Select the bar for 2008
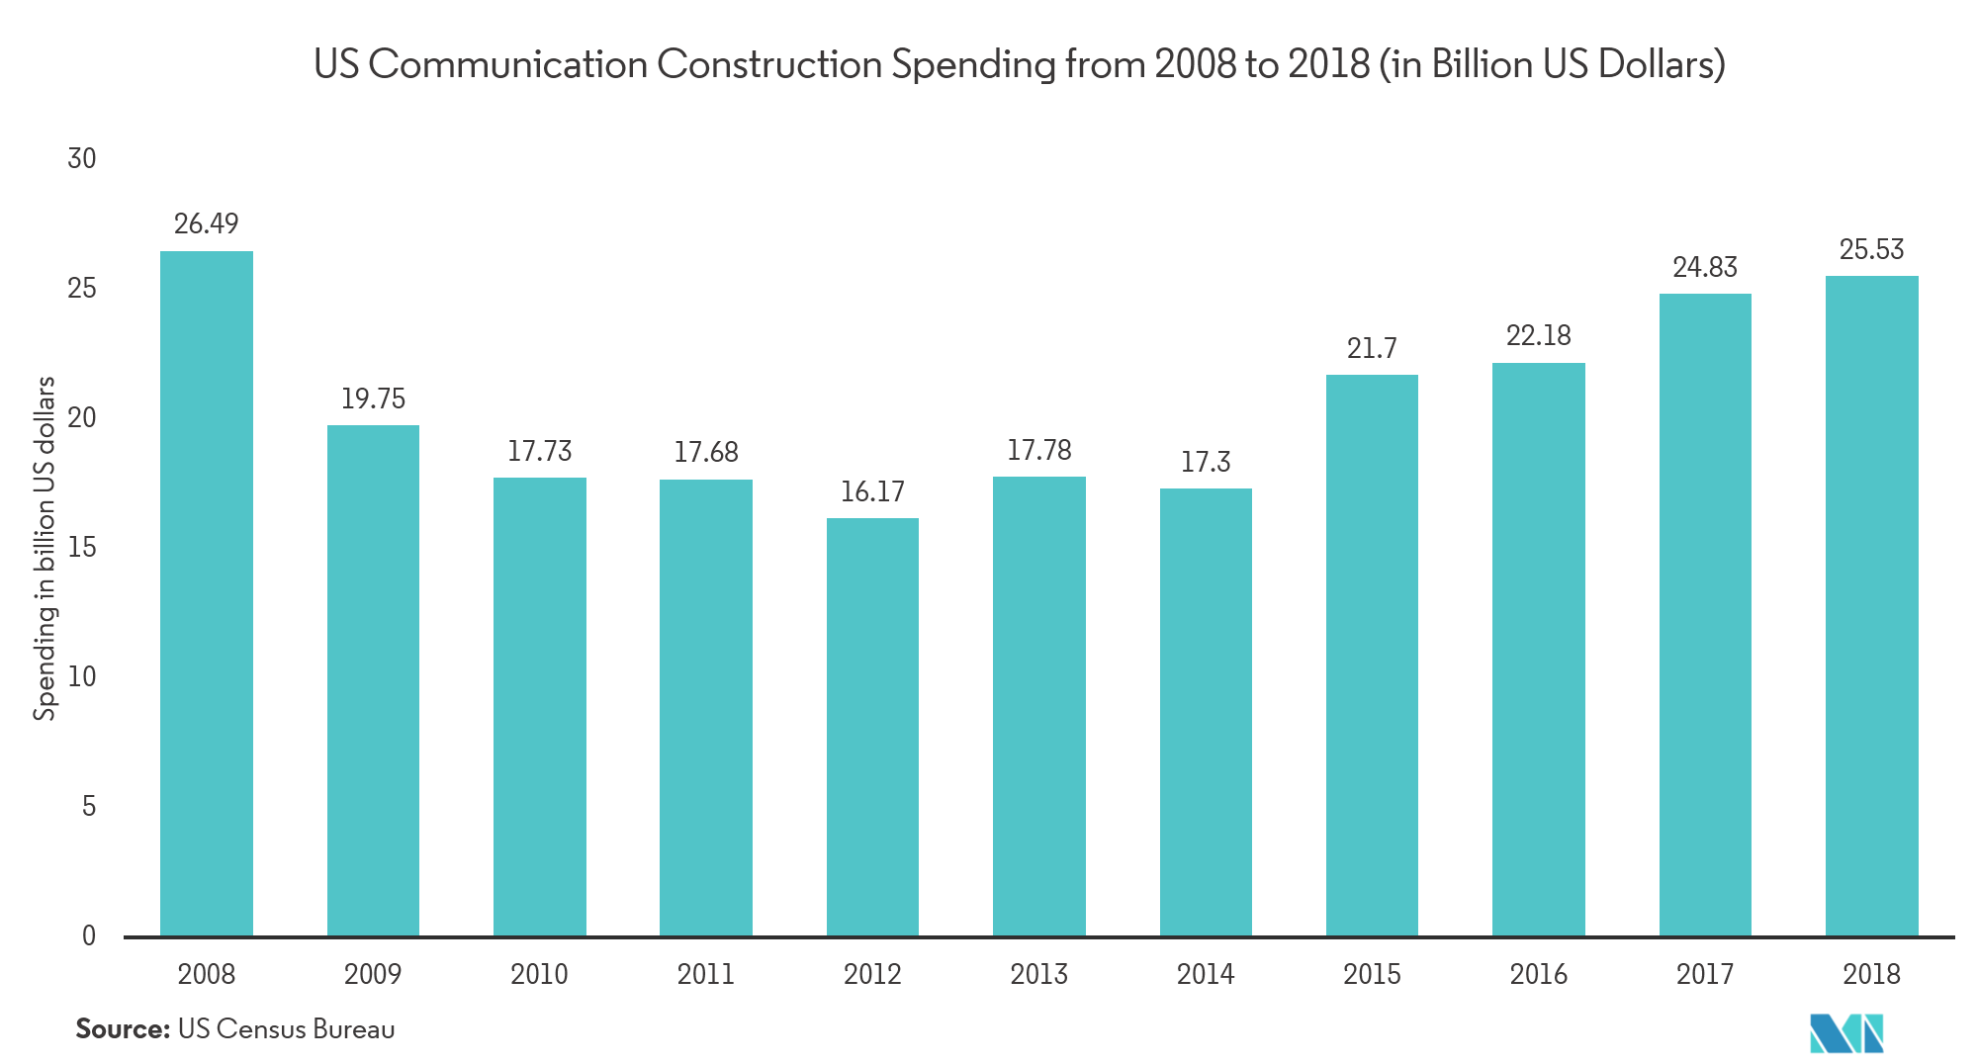point(207,593)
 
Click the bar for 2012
point(872,727)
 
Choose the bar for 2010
point(539,706)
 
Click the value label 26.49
point(207,224)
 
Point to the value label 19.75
point(373,399)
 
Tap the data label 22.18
point(1538,336)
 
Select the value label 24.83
point(1704,267)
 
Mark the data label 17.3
point(1206,462)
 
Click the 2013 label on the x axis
point(1038,974)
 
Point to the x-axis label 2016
point(1538,974)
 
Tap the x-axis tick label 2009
point(373,974)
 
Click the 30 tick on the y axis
point(82,158)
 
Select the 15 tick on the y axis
point(82,547)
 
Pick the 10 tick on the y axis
point(82,677)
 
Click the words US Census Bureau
point(286,1029)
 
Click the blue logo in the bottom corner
point(1845,1035)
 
